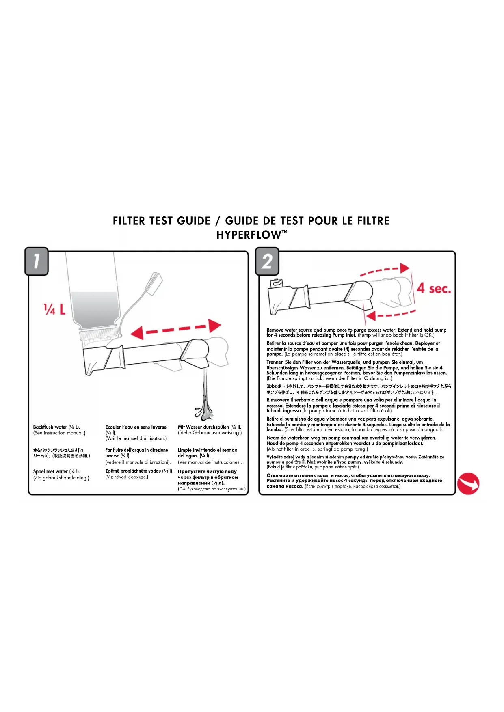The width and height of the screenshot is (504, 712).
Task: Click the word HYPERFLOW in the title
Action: click(x=249, y=235)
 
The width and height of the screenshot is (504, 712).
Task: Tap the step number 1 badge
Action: click(x=36, y=261)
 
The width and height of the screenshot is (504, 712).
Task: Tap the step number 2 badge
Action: click(x=267, y=261)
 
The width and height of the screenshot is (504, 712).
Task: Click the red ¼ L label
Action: click(x=54, y=309)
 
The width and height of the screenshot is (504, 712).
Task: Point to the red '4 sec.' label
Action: click(x=434, y=289)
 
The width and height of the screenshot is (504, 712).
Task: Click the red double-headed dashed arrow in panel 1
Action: click(x=175, y=329)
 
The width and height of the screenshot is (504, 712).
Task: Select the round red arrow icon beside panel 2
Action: click(x=468, y=483)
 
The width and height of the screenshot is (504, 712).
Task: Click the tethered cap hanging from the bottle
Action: click(x=154, y=284)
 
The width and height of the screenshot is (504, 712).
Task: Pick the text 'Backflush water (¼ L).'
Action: click(x=56, y=427)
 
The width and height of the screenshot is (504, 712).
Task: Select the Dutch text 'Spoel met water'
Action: click(x=50, y=471)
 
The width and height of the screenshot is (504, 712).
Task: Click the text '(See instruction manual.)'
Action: click(x=59, y=433)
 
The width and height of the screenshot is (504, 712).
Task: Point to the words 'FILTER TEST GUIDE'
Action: click(x=162, y=221)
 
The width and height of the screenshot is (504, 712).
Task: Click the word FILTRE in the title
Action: click(x=373, y=221)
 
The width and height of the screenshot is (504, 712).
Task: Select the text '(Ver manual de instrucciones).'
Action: click(x=210, y=462)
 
